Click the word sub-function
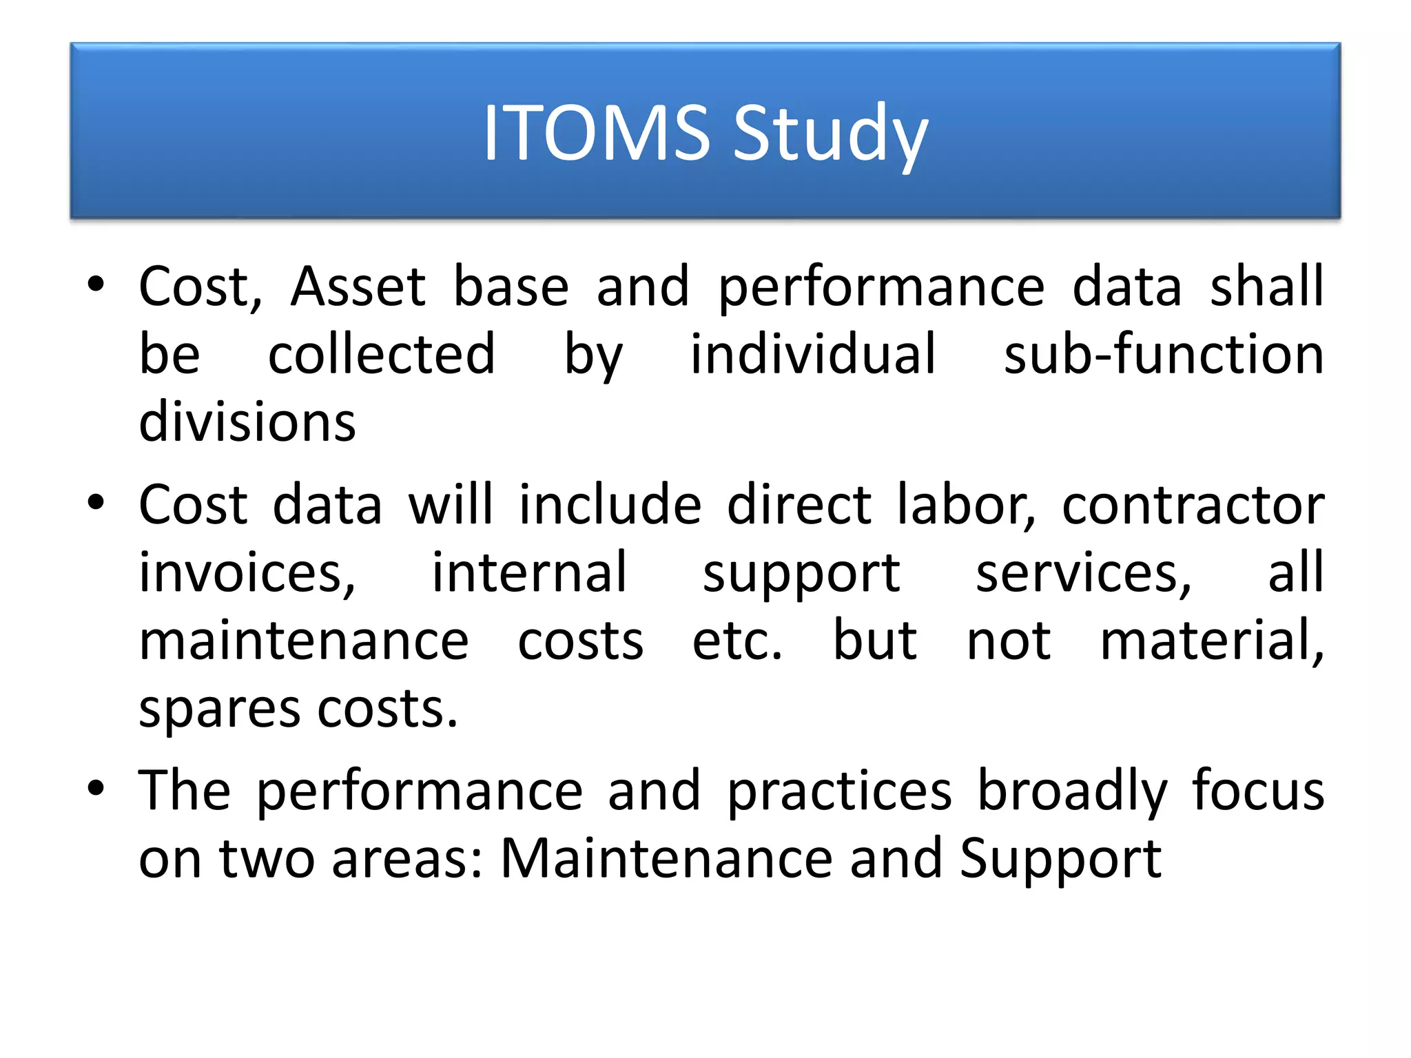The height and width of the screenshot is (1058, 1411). click(1164, 354)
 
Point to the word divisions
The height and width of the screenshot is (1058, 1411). click(247, 422)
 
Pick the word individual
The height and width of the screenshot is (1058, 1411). click(813, 354)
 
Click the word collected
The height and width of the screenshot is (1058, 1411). click(381, 354)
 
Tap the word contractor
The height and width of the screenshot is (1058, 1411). click(1193, 506)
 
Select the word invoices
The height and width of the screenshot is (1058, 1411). click(247, 573)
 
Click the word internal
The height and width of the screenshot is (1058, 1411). click(529, 573)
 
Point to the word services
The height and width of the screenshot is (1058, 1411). click(1083, 573)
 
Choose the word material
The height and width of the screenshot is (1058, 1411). click(1211, 641)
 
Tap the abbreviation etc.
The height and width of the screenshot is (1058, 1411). click(737, 641)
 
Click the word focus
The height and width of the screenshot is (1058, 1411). click(1258, 791)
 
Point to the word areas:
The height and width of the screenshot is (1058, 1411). click(407, 860)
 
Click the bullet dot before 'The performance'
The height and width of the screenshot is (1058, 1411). click(96, 787)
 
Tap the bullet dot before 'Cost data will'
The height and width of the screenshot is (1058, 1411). click(96, 501)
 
